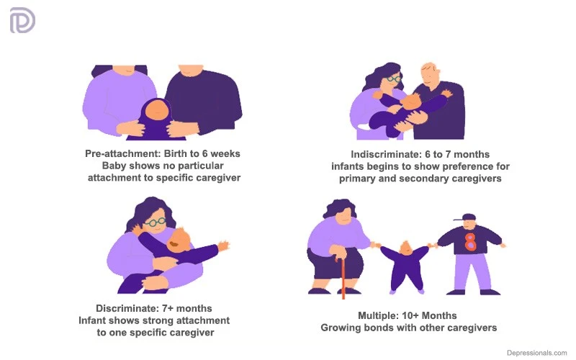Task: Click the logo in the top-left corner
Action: point(22,21)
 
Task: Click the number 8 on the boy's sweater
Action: point(470,240)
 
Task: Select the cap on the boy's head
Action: point(468,217)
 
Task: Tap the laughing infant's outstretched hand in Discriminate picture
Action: point(223,246)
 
